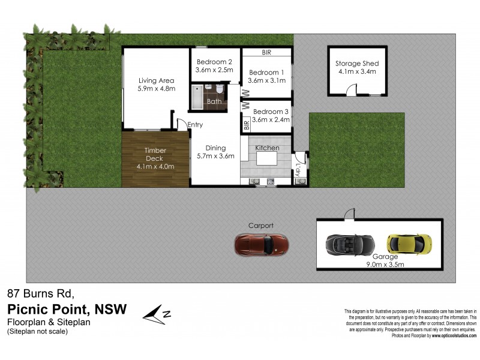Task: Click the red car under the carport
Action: (262, 244)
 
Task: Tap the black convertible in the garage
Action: (350, 244)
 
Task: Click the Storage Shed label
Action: (357, 64)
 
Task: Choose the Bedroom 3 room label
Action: (271, 112)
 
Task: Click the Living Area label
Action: (156, 80)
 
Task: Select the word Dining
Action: (215, 148)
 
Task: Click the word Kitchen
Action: (267, 148)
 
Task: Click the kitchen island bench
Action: (267, 159)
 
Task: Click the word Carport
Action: (261, 226)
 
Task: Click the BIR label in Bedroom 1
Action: (266, 53)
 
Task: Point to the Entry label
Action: (195, 125)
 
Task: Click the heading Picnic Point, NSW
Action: (67, 309)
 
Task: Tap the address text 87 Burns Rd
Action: (40, 294)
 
